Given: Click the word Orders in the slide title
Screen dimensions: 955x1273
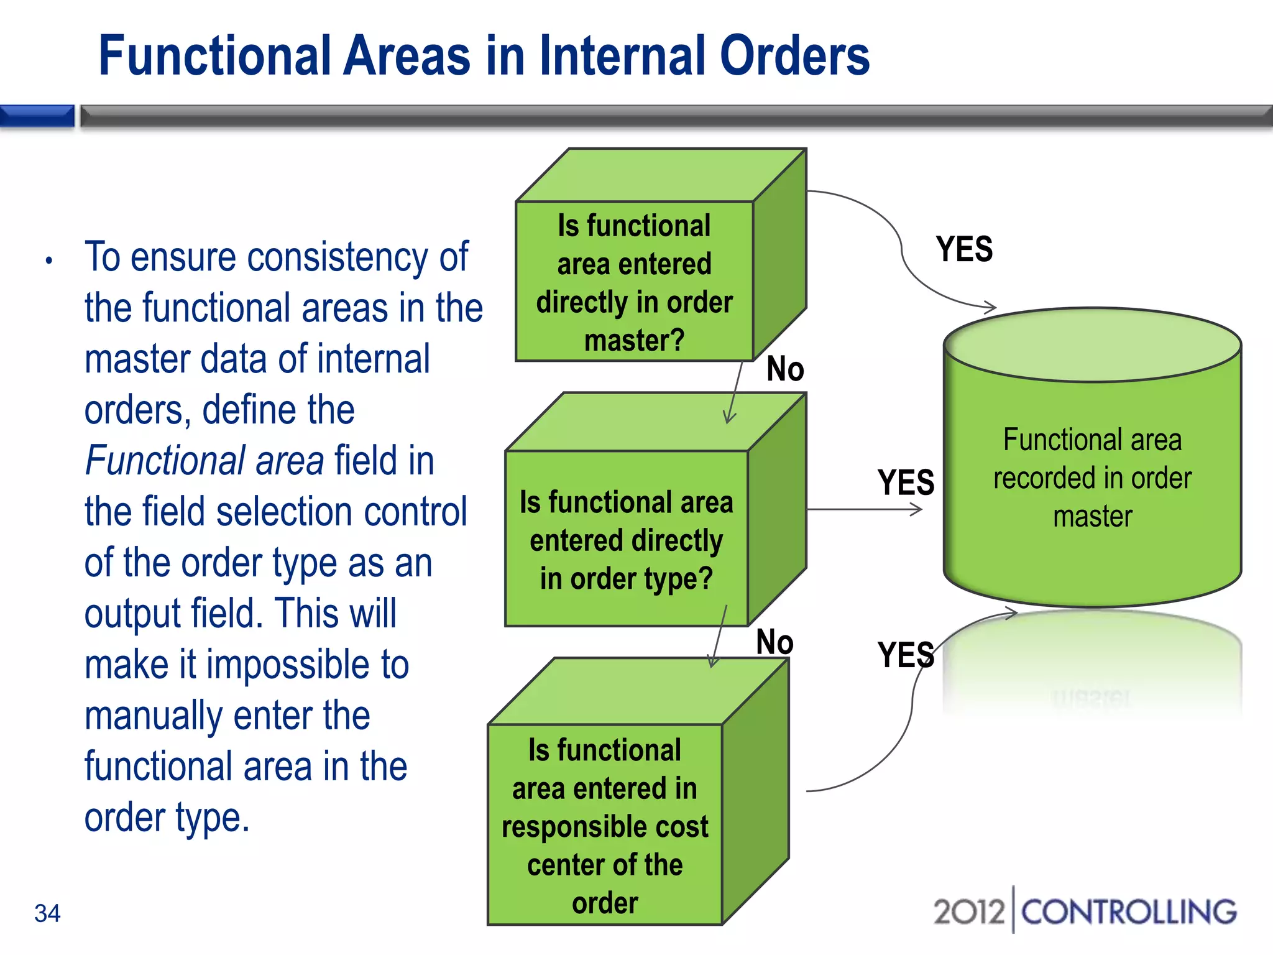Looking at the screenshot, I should click(x=794, y=56).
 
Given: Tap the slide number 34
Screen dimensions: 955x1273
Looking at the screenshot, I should click(x=47, y=913).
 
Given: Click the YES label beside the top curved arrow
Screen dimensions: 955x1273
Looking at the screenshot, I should click(x=964, y=249).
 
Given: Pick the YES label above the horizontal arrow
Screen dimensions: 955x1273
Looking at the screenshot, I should click(x=906, y=482).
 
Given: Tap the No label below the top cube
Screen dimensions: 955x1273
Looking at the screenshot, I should click(x=785, y=369).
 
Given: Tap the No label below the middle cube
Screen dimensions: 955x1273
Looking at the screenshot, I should click(x=774, y=642).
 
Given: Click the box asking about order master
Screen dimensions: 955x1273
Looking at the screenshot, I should click(x=634, y=283).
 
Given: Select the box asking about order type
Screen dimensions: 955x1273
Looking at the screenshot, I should click(x=626, y=540).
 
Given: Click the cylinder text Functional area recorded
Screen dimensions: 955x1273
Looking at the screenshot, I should click(x=1092, y=477).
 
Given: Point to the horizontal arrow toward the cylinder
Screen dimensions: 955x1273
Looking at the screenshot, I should click(x=864, y=510).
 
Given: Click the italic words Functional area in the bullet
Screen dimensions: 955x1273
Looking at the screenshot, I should click(x=205, y=461).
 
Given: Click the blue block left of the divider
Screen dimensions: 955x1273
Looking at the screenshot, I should click(x=37, y=116).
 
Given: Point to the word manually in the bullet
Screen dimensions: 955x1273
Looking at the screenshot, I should click(x=153, y=715).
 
